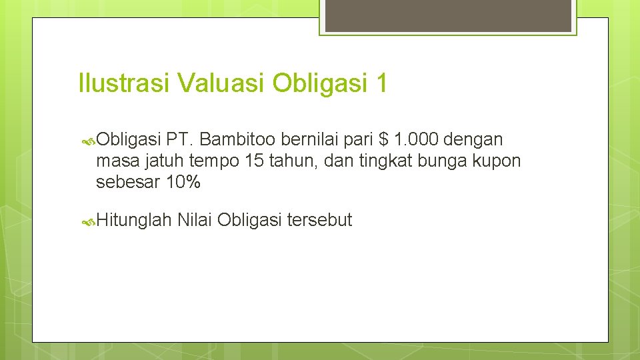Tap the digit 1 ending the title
click(381, 84)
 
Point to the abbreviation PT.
click(180, 139)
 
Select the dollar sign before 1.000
click(383, 139)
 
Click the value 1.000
click(416, 139)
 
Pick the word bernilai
click(308, 139)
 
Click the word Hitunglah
click(134, 220)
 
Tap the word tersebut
click(319, 220)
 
